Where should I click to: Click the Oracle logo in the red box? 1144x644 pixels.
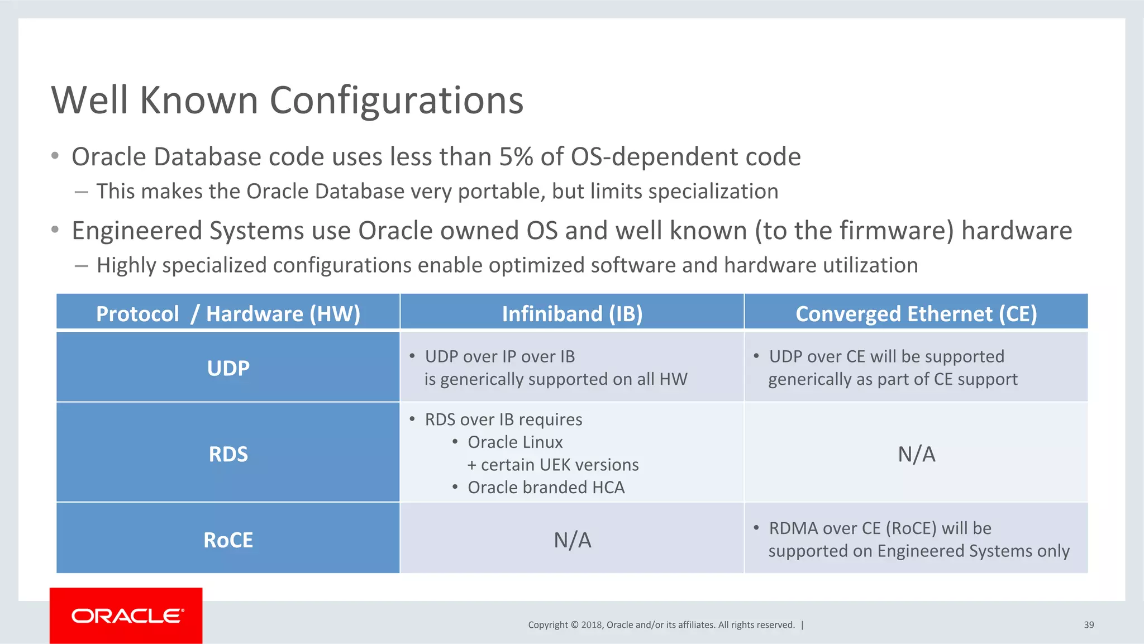coord(127,616)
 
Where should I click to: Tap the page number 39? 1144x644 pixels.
coord(1089,625)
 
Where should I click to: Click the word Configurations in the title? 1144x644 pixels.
coord(396,101)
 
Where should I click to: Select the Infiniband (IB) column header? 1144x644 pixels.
coord(572,314)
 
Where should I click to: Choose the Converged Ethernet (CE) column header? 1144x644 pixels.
coord(916,314)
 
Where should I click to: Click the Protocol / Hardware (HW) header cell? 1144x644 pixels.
coord(228,314)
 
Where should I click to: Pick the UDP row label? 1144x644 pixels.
coord(228,368)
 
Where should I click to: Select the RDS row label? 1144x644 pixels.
coord(228,454)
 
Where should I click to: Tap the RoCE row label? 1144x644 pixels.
coord(228,540)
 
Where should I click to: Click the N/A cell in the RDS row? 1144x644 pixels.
coord(916,454)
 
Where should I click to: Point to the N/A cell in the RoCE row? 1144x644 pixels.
coord(572,540)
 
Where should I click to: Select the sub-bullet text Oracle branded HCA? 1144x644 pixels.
coord(546,488)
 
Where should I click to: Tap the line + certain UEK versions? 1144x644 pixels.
coord(553,465)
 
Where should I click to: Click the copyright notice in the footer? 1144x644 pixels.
coord(661,625)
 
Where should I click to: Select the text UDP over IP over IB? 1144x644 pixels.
coord(499,356)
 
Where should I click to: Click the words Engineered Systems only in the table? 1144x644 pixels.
coord(974,551)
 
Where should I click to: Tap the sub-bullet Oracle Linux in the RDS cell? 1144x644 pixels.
coord(515,442)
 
